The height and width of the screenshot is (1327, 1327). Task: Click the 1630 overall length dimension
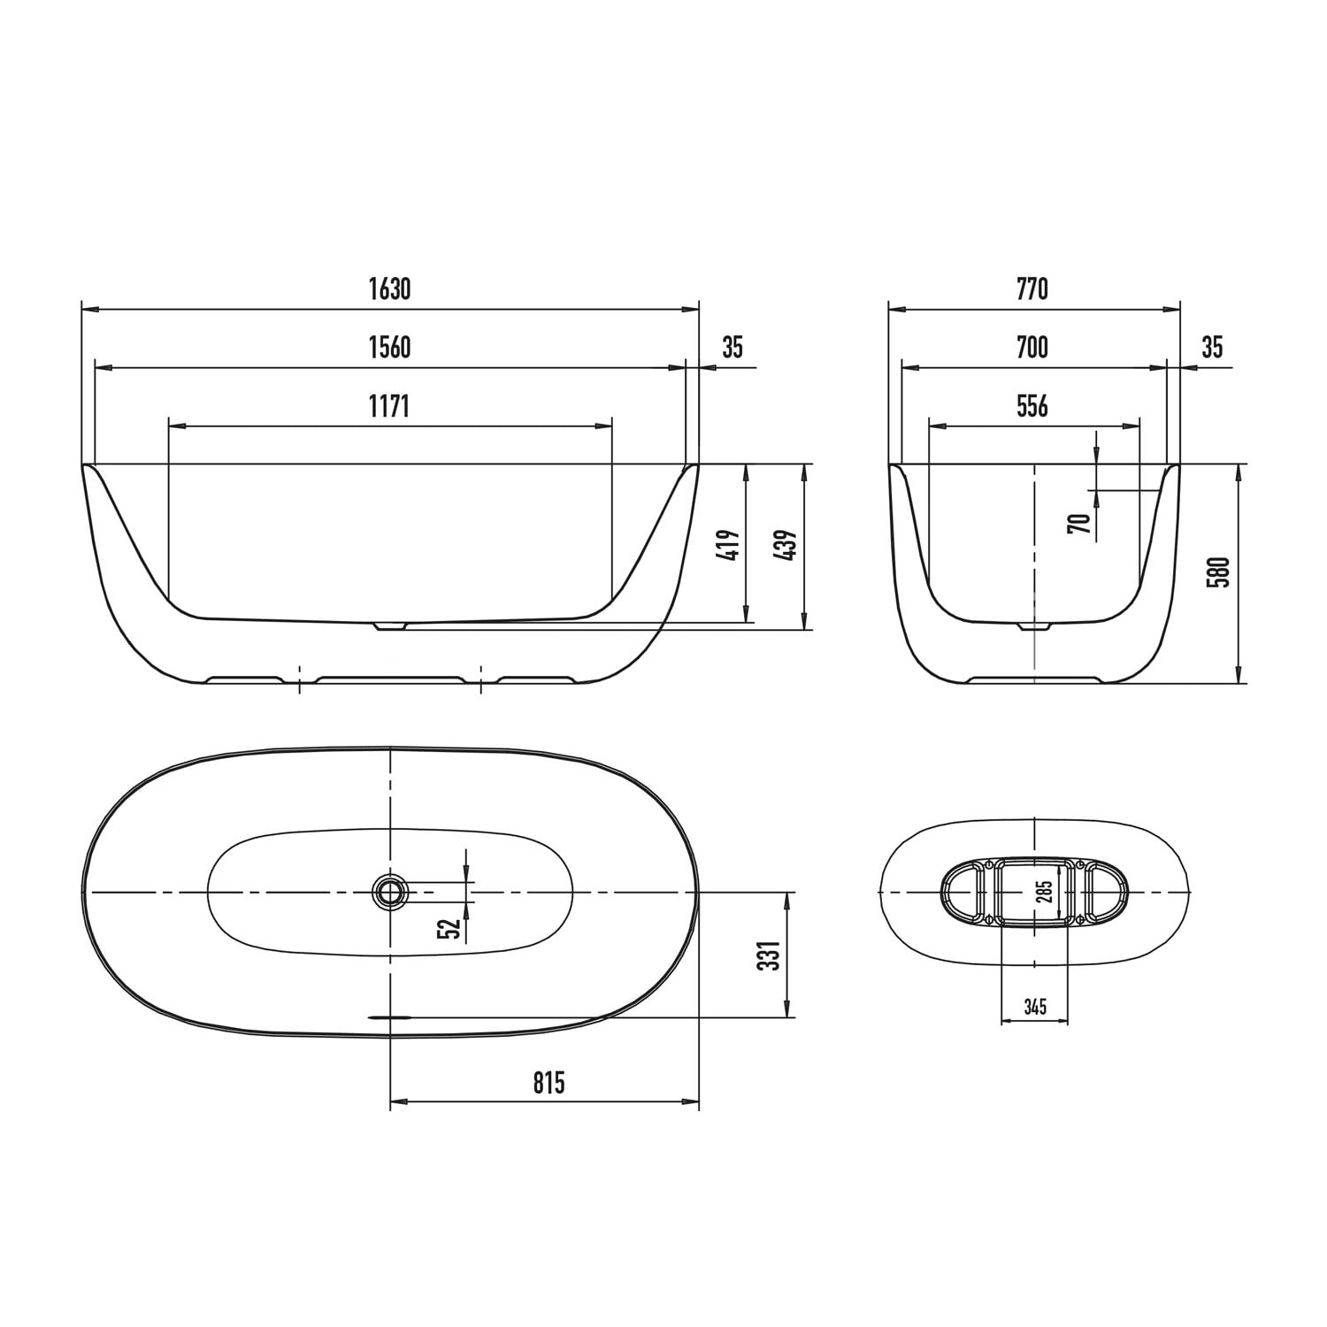[x=390, y=289]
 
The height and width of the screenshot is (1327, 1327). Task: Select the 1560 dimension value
[x=390, y=348]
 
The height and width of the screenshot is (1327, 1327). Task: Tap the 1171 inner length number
[x=390, y=406]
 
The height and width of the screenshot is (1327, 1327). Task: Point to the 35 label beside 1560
[x=733, y=348]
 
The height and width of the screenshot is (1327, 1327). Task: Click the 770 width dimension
[x=1032, y=289]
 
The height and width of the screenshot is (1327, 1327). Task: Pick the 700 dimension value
[x=1032, y=348]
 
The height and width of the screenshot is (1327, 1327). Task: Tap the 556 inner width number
[x=1032, y=406]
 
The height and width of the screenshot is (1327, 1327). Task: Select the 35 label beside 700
[x=1212, y=348]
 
